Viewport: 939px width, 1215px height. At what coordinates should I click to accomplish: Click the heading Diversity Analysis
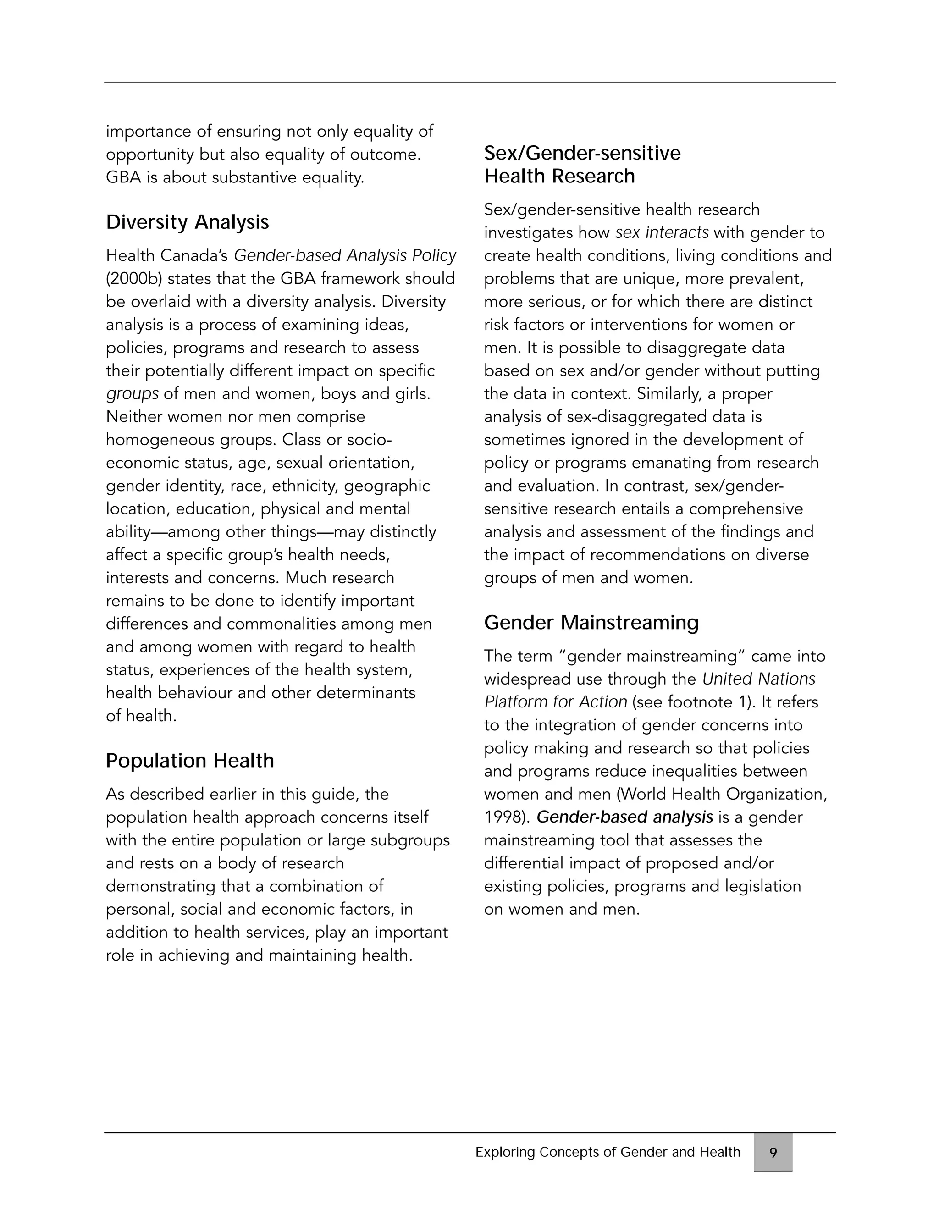pos(187,222)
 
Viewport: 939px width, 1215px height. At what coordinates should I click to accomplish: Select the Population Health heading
pos(190,761)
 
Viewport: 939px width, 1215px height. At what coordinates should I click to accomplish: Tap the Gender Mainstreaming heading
pos(591,622)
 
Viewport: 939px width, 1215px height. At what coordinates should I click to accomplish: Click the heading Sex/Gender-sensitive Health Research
pos(582,164)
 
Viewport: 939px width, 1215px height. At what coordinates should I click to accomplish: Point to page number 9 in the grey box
pos(773,1152)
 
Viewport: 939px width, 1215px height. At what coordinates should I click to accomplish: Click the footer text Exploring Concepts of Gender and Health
pos(608,1152)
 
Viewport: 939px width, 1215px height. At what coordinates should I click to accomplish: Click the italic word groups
pos(132,394)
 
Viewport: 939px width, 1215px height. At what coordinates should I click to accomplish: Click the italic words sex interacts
pos(662,232)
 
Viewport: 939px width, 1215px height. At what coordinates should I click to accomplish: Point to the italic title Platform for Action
pos(555,702)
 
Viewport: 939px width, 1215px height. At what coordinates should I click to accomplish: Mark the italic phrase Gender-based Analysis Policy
pos(344,255)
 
